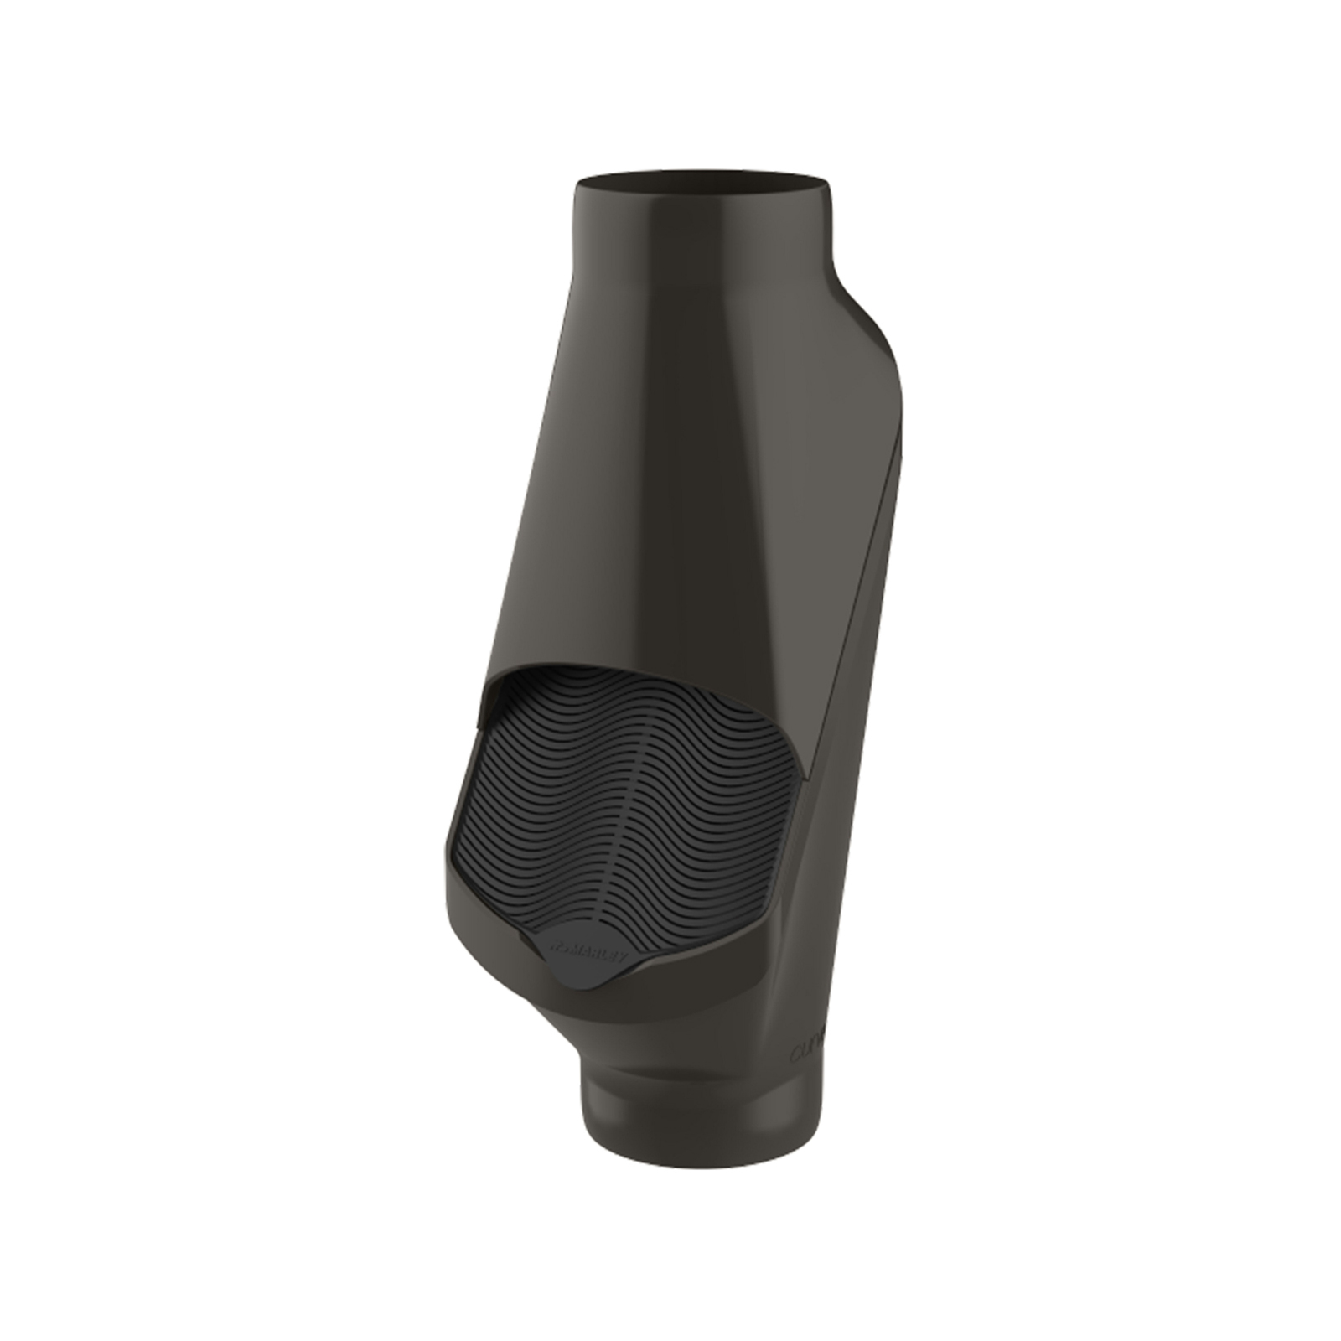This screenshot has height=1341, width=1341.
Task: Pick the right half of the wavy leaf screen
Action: pos(721,805)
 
